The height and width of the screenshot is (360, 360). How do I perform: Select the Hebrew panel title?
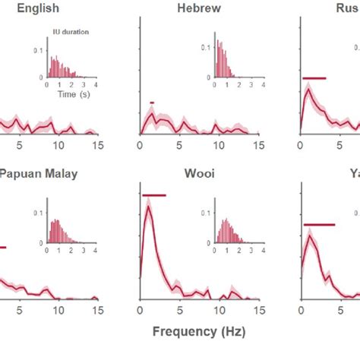point(199,9)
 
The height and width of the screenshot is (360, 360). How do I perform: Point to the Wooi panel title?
point(199,173)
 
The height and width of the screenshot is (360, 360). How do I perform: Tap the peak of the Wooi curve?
point(148,207)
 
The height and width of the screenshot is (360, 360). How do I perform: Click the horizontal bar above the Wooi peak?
point(153,195)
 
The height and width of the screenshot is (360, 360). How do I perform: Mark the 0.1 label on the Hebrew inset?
point(205,47)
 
